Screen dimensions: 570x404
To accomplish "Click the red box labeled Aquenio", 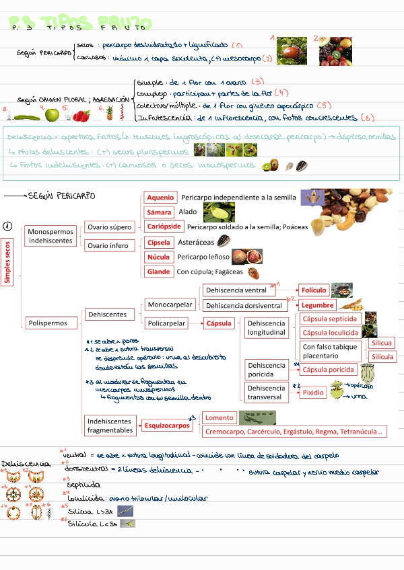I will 161,198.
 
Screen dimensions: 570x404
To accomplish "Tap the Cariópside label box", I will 164,227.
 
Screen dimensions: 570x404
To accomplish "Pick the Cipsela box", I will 160,242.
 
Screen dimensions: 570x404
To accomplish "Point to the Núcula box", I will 159,257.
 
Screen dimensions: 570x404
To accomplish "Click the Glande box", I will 159,272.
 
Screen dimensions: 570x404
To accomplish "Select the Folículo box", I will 314,290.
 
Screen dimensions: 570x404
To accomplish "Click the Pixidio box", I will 313,393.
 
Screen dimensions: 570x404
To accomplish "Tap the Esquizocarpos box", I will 166,425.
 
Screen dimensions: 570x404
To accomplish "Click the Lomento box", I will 219,417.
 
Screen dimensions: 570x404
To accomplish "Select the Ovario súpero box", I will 108,227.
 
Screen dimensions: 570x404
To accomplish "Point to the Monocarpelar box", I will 170,304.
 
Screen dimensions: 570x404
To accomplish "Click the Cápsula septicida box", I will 330,319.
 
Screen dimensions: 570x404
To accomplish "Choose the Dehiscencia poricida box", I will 267,370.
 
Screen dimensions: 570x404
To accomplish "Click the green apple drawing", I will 52,115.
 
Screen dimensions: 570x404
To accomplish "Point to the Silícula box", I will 382,356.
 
